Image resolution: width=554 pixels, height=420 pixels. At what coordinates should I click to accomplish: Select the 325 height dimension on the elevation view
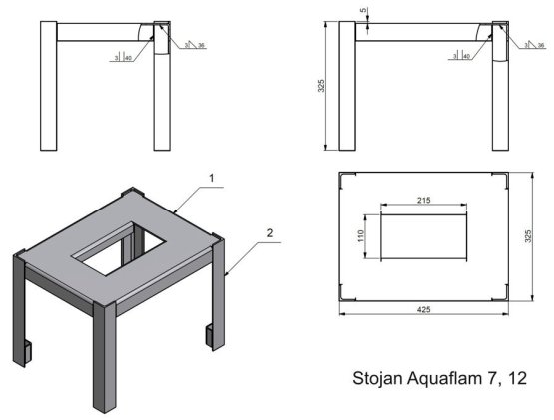[321, 86]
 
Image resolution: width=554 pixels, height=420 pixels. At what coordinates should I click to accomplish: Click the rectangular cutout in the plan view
[423, 235]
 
